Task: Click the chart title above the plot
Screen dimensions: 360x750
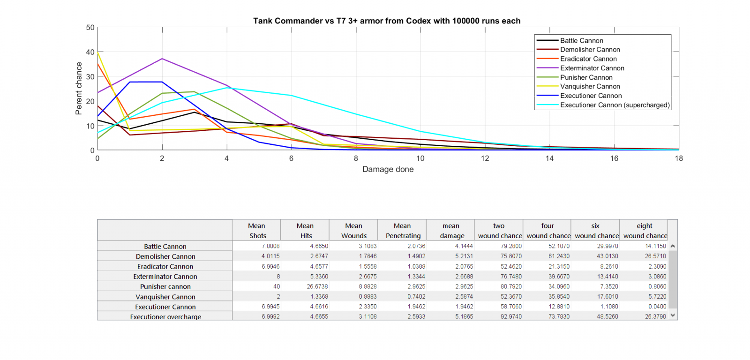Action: click(x=387, y=21)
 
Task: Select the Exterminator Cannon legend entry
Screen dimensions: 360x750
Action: click(x=592, y=68)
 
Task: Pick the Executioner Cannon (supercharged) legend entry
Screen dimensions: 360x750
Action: click(x=615, y=105)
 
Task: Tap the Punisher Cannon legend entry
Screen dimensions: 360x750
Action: click(x=586, y=77)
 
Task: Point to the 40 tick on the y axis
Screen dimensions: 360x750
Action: click(x=90, y=52)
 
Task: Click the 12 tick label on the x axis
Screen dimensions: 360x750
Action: click(x=485, y=158)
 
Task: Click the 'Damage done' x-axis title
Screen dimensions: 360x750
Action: click(x=388, y=169)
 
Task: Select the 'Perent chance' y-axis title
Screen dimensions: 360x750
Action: click(x=79, y=89)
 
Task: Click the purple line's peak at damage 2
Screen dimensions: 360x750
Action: click(x=162, y=59)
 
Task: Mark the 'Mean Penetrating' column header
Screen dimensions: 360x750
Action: click(x=403, y=231)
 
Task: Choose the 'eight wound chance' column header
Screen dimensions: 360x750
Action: click(x=645, y=231)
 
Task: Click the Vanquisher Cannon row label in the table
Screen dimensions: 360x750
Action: click(x=165, y=297)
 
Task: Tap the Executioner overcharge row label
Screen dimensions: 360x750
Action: click(x=165, y=317)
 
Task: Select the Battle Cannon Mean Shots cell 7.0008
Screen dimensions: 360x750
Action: click(x=270, y=246)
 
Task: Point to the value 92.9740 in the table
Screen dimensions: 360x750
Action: click(x=511, y=316)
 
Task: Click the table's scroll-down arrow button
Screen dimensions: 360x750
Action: click(x=673, y=315)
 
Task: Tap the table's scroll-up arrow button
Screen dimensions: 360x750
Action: click(x=673, y=246)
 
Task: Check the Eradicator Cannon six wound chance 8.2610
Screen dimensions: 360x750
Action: click(x=609, y=266)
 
